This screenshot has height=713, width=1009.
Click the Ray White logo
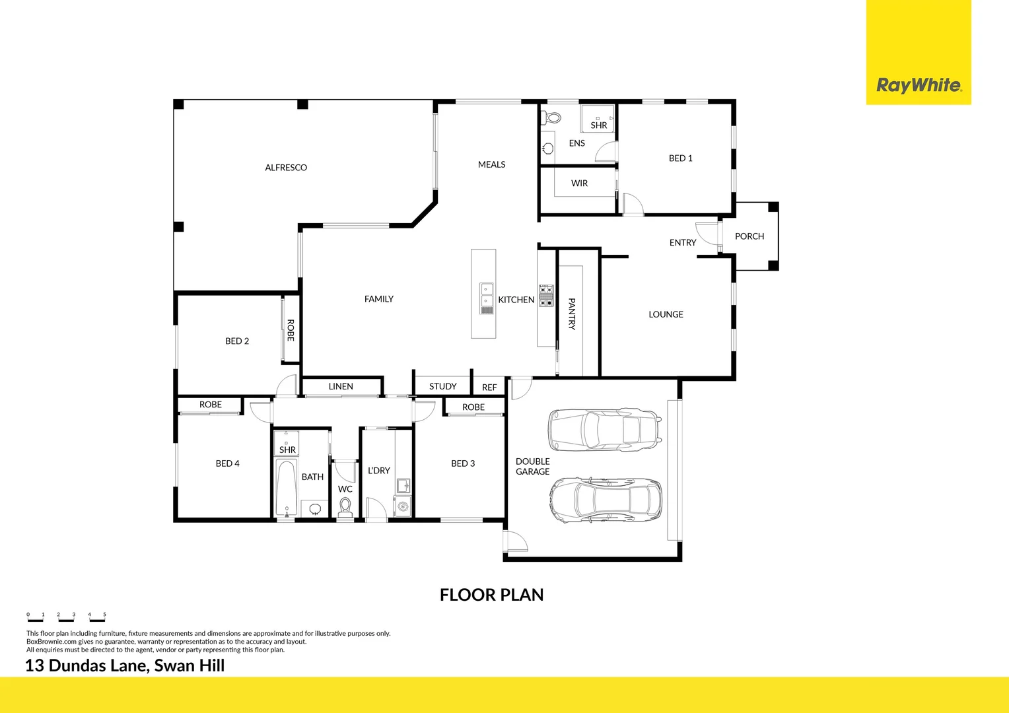[918, 85]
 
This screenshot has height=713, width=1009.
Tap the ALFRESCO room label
[286, 168]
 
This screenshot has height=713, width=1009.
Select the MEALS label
[491, 164]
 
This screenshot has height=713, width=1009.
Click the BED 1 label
[680, 158]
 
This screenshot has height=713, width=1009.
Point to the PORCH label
[749, 236]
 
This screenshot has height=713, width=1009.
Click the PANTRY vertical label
[572, 314]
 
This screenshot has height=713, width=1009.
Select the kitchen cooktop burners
[546, 296]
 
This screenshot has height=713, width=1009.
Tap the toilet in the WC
[345, 507]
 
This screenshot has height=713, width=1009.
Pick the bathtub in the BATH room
[287, 489]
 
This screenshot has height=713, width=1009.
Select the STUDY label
[442, 386]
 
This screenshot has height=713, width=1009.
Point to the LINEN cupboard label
[341, 386]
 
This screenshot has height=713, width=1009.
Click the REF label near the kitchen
[489, 388]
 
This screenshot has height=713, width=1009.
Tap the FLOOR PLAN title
[491, 595]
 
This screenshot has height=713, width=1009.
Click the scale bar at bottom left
[66, 617]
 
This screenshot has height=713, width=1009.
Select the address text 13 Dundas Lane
[125, 665]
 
